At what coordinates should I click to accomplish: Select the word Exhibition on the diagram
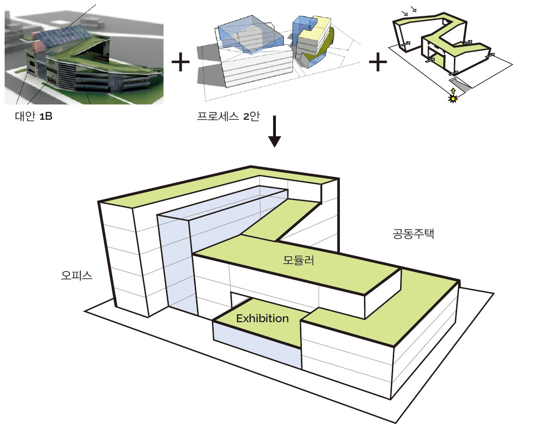pos(262,318)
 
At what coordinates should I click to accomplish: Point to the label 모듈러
pos(299,260)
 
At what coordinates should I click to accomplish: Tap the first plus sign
pos(180,62)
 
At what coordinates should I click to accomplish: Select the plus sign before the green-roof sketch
pos(377,62)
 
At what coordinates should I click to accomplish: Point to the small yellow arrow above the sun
pos(453,91)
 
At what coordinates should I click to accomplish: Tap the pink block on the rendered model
pos(39,40)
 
